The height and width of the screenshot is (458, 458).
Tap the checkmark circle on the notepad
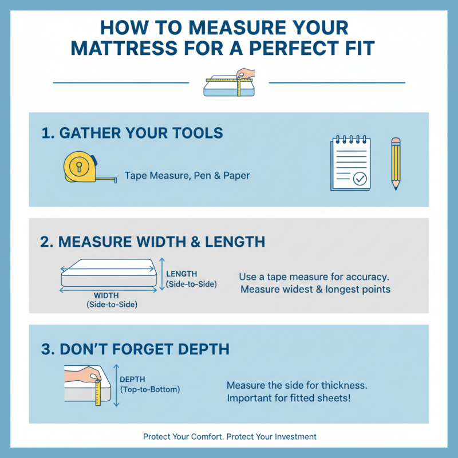pyautogui.click(x=360, y=179)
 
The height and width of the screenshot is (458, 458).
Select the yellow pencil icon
pyautogui.click(x=396, y=164)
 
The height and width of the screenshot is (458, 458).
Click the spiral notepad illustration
pyautogui.click(x=350, y=163)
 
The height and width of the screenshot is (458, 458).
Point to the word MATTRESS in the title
pyautogui.click(x=124, y=48)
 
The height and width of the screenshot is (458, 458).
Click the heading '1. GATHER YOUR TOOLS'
pyautogui.click(x=132, y=133)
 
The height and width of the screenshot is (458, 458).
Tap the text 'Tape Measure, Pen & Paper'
pyautogui.click(x=187, y=176)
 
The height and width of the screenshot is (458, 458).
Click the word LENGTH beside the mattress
pyautogui.click(x=181, y=274)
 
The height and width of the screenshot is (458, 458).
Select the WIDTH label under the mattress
pyautogui.click(x=106, y=295)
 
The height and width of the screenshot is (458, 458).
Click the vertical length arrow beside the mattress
pyautogui.click(x=162, y=274)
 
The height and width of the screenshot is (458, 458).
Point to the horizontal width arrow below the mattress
pyautogui.click(x=108, y=290)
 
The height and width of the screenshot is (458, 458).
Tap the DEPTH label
pyautogui.click(x=132, y=380)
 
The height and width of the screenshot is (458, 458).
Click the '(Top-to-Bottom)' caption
pyautogui.click(x=150, y=389)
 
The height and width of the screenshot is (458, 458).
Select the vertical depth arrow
pyautogui.click(x=116, y=385)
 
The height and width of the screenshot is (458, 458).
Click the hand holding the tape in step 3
pyautogui.click(x=82, y=374)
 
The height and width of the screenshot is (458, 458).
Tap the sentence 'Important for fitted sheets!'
pyautogui.click(x=289, y=398)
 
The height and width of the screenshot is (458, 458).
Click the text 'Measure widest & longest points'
pyautogui.click(x=315, y=289)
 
